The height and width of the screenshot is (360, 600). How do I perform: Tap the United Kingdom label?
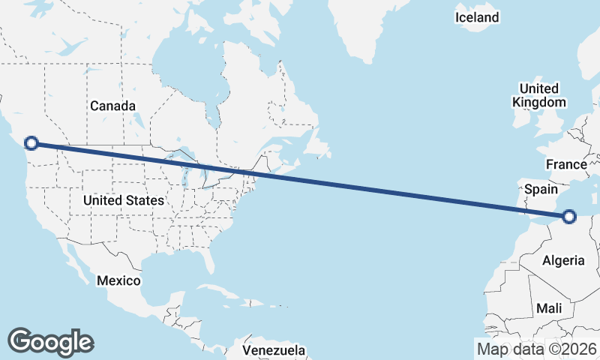point(538,95)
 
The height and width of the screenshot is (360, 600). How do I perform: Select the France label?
point(566,164)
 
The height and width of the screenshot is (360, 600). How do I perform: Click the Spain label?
point(541,189)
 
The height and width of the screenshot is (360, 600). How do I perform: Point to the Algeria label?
point(562,260)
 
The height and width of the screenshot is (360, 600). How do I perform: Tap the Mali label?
point(549,308)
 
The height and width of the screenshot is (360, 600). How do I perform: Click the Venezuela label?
point(274,350)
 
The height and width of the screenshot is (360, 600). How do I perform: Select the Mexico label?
point(119,280)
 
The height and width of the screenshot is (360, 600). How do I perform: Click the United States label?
point(124,200)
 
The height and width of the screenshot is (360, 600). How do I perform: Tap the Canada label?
point(113,106)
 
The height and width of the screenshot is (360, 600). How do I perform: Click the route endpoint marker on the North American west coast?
point(31,142)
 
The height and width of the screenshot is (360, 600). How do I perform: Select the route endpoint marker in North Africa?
point(568,217)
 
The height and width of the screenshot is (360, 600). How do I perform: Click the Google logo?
point(50,341)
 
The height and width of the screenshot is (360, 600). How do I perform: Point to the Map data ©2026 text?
point(537,349)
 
